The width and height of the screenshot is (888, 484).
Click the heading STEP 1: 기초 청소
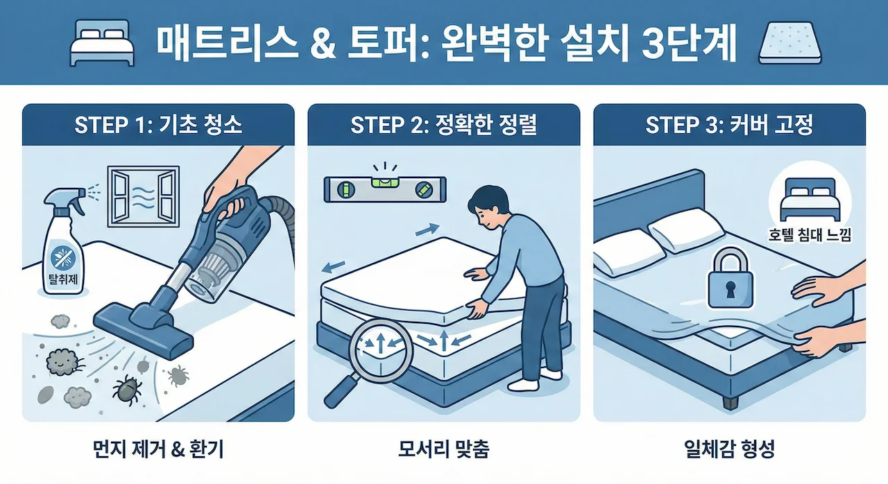[158, 125]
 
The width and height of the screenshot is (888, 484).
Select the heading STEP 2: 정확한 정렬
[443, 125]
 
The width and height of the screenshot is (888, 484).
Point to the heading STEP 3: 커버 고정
[729, 125]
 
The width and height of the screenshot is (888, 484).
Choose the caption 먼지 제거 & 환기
[158, 450]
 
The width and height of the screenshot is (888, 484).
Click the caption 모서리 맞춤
[443, 450]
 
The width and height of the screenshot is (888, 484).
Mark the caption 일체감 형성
[729, 450]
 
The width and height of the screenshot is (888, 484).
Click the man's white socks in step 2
[534, 379]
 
